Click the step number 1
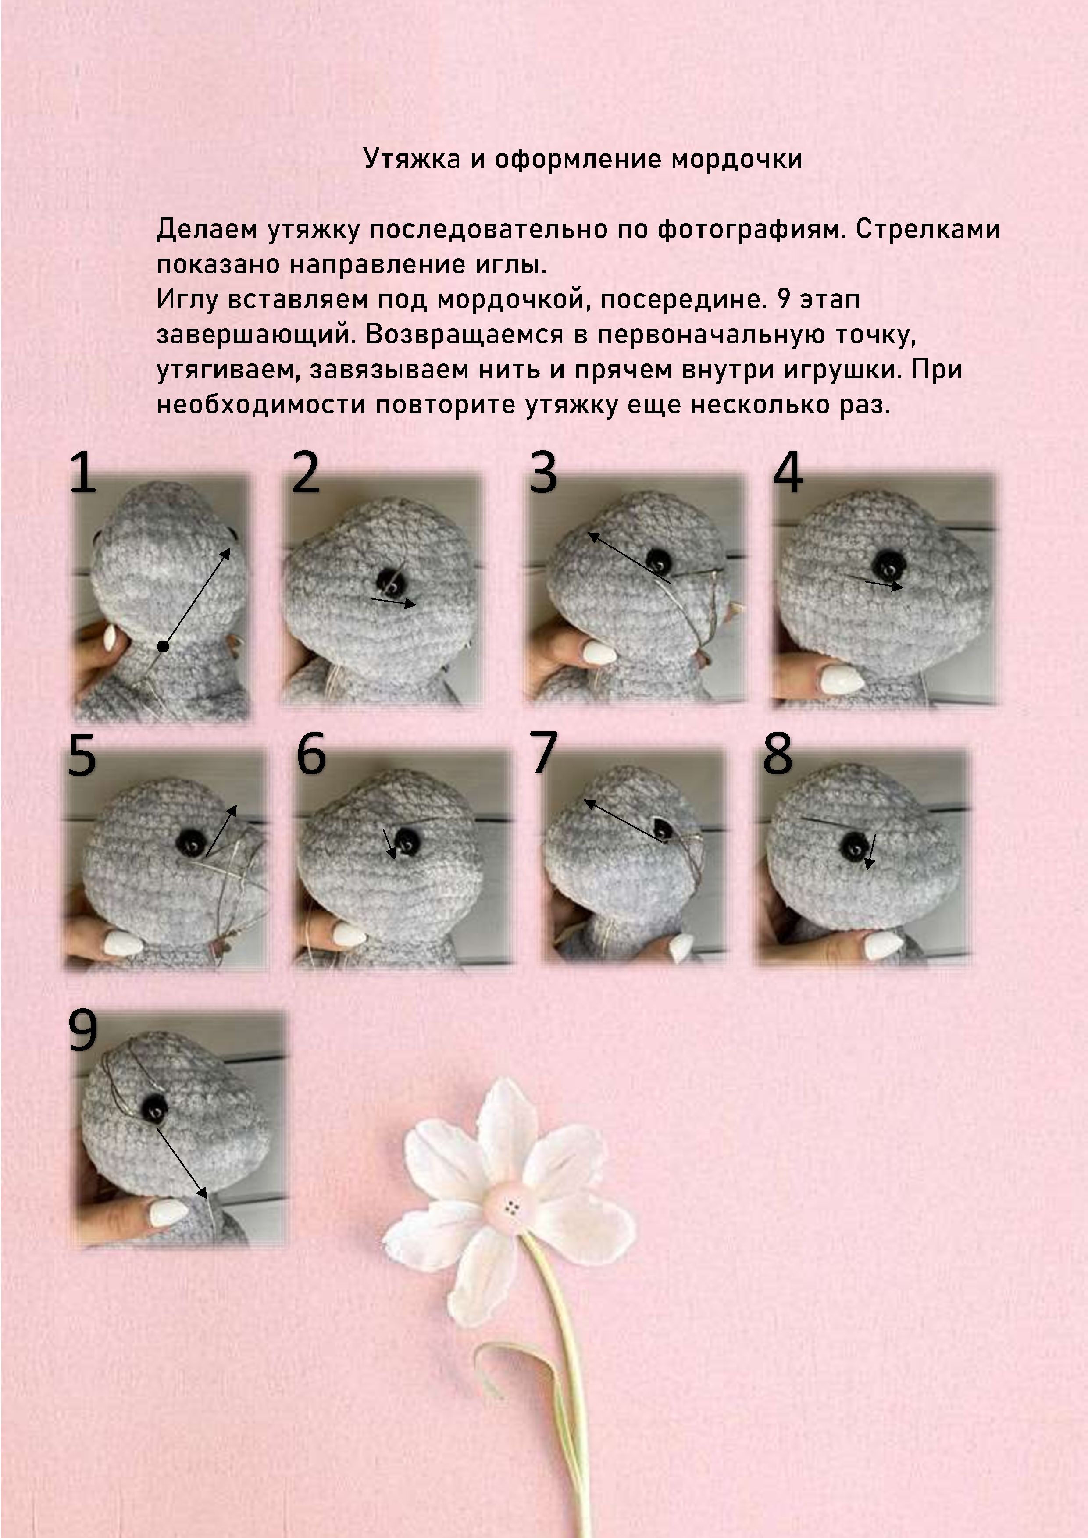83,473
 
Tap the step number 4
788,473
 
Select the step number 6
311,754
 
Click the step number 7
543,753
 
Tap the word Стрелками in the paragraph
928,230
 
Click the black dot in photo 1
163,646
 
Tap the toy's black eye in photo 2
389,580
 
